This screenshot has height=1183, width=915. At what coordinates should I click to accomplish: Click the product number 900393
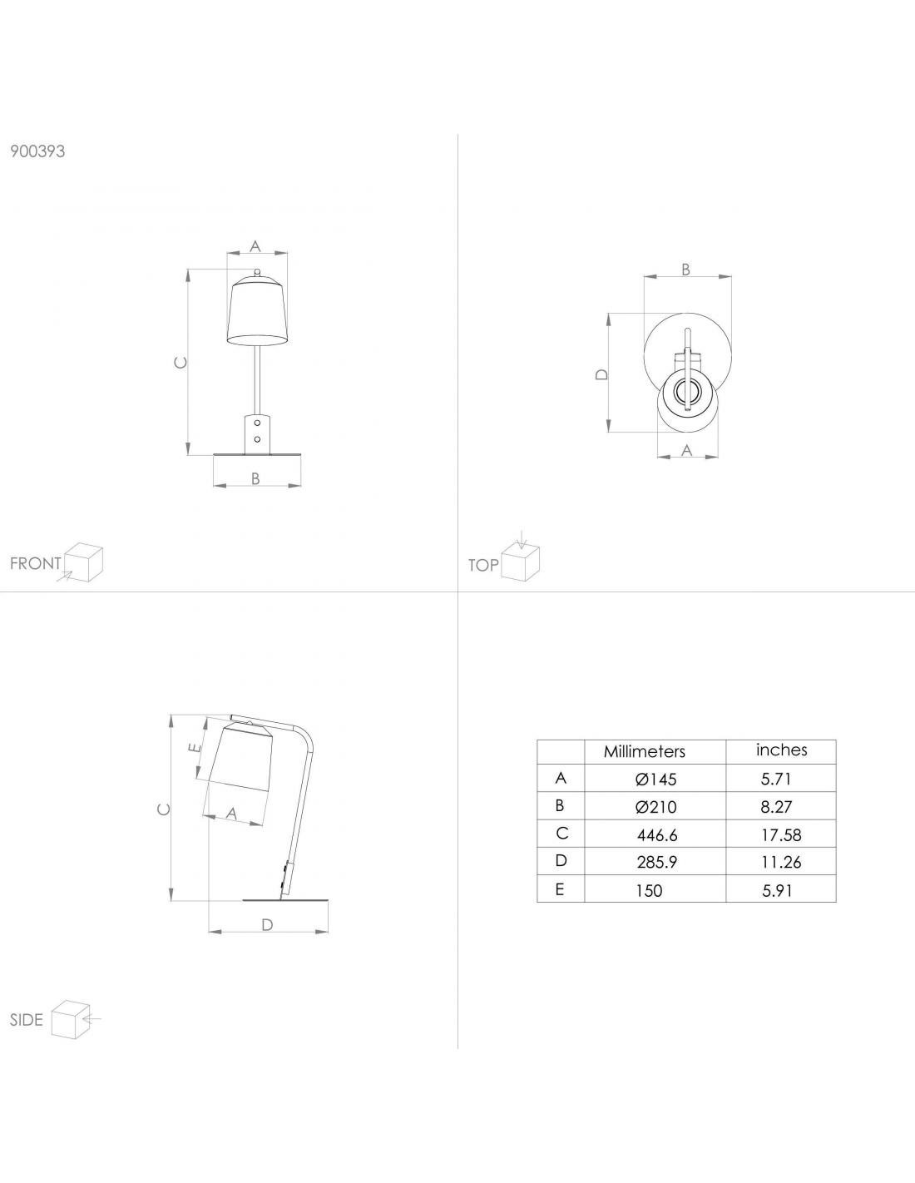tap(37, 151)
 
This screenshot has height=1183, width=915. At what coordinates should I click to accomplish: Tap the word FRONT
tap(36, 563)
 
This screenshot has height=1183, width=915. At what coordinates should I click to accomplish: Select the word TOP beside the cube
tap(483, 566)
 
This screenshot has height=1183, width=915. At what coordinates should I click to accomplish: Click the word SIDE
tap(26, 1020)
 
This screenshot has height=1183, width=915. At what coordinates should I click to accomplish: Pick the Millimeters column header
tap(644, 752)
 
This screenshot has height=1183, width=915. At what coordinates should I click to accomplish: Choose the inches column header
tap(781, 750)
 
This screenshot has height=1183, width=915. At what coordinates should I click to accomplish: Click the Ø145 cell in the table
tap(655, 780)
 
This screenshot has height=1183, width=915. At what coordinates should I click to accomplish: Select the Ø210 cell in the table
tap(655, 807)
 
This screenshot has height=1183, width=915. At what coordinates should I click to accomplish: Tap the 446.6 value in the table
tap(657, 835)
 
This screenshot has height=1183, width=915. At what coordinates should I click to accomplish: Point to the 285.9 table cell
tap(657, 863)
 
